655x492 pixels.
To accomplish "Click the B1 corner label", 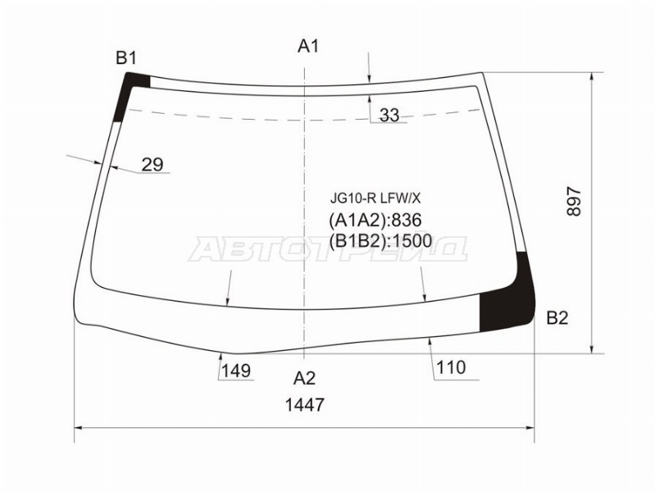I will coord(125,57).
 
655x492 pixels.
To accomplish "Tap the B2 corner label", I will coord(557,318).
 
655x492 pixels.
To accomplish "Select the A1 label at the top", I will coord(307,46).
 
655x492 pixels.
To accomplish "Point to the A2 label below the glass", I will coord(305,378).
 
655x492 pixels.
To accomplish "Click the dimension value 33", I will coord(389,116).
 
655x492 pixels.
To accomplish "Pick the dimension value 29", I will coord(152,165).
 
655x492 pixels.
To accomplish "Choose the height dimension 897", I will coord(573,202).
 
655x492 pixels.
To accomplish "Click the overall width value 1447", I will coord(305,404).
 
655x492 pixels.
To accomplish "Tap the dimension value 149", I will coord(235,371).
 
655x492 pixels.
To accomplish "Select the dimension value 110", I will coord(451,367).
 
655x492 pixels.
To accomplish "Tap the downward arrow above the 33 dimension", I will coord(370,77).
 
